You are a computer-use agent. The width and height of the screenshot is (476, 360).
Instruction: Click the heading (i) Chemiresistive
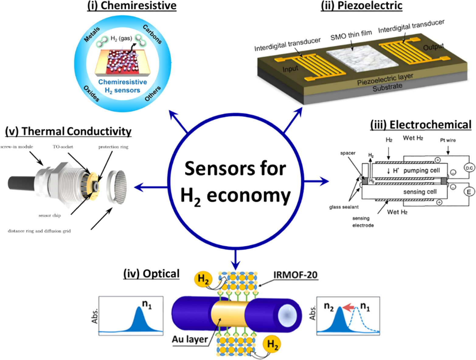(x=132, y=6)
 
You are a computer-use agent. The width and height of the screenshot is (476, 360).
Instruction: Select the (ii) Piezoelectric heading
(x=362, y=6)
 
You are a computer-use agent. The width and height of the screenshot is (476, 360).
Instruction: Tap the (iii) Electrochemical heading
(x=421, y=125)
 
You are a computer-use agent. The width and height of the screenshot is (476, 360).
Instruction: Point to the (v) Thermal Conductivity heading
(x=68, y=131)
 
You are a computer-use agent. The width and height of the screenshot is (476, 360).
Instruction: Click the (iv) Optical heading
(x=151, y=274)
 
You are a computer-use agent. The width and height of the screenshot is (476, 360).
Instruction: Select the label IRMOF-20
(x=295, y=275)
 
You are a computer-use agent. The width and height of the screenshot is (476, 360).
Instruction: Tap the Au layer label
(x=190, y=339)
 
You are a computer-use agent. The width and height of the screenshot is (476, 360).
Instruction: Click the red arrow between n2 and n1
(x=349, y=308)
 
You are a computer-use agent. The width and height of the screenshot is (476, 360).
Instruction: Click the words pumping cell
(x=421, y=171)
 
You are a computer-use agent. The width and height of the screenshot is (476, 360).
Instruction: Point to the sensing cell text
(x=420, y=192)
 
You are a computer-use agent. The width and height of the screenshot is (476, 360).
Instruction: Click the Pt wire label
(x=448, y=140)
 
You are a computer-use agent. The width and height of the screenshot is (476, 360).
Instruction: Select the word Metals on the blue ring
(x=92, y=34)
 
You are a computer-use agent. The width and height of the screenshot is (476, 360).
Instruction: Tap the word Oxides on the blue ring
(x=92, y=93)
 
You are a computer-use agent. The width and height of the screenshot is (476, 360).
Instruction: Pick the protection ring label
(x=113, y=147)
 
